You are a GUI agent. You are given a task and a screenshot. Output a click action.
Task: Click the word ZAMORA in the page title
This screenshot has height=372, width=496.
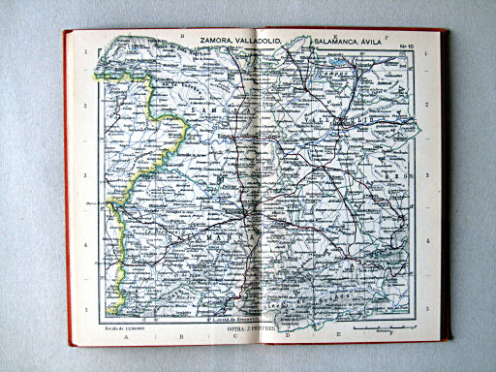220,40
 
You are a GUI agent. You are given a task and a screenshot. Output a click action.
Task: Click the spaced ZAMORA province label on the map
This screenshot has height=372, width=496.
218,112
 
